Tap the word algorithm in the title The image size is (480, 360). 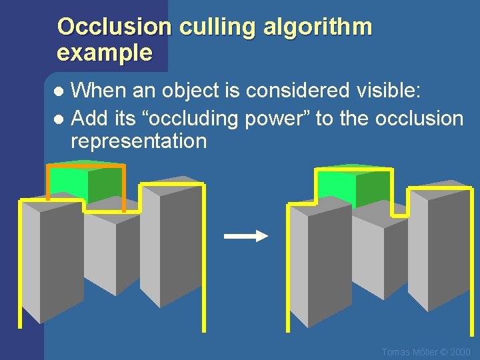318,27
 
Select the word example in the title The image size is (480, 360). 105,53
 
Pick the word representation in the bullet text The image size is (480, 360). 139,141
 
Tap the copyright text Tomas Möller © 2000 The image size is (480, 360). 426,352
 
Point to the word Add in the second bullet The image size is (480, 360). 86,119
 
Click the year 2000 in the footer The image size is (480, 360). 459,352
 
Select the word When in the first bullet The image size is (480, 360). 94,90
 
